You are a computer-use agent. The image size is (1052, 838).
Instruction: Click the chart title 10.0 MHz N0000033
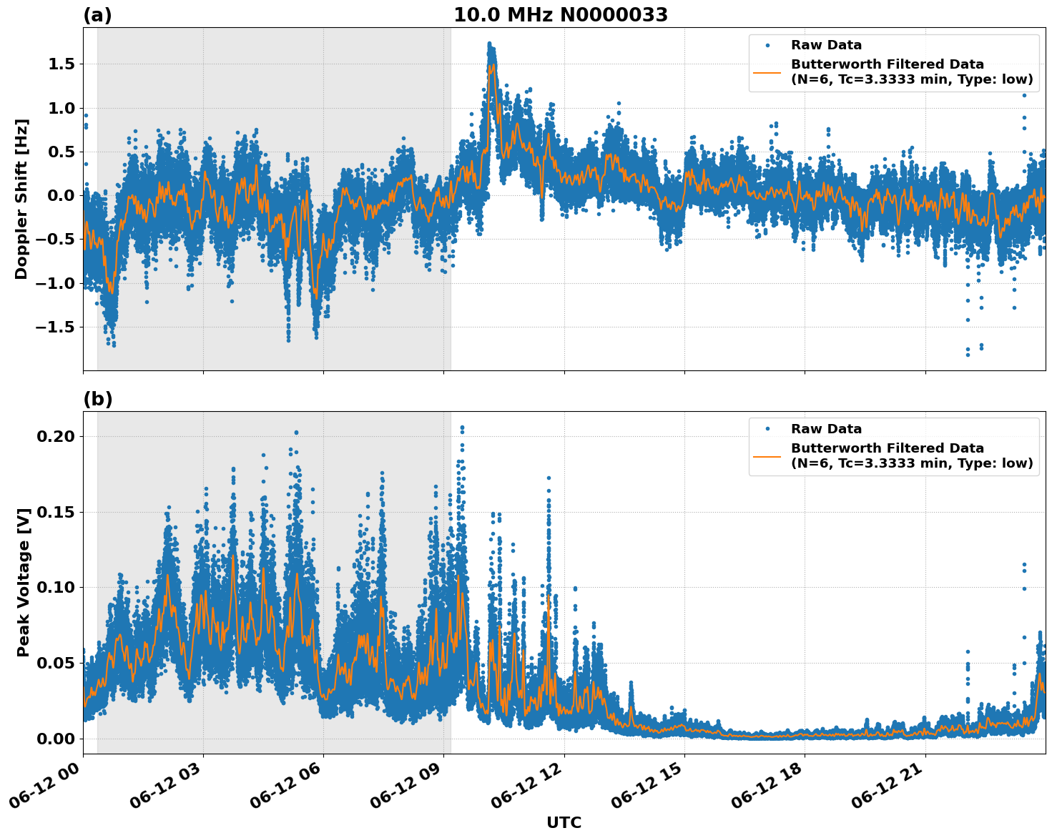(x=561, y=15)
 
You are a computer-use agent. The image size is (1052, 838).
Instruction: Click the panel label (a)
(x=97, y=15)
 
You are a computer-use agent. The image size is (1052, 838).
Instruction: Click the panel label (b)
(x=97, y=399)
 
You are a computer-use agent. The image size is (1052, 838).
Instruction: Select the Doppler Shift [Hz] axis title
(x=21, y=199)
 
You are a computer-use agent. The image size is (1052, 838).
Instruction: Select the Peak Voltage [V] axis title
(x=24, y=583)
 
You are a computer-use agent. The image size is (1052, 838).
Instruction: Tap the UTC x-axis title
(x=564, y=822)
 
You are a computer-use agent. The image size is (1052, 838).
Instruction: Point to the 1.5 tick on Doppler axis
(x=60, y=64)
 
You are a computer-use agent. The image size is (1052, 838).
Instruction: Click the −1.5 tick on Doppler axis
(x=56, y=327)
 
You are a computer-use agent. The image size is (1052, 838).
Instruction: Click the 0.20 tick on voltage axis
(x=57, y=436)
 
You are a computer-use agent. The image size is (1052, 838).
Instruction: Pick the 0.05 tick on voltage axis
(x=57, y=663)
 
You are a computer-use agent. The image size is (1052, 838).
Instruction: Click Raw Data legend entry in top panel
(x=826, y=45)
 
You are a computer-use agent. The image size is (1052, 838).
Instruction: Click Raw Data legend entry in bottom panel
(x=826, y=429)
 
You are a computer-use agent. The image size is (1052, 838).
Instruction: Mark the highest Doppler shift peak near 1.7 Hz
(x=489, y=44)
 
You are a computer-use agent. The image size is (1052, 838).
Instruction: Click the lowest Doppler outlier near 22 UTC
(x=968, y=355)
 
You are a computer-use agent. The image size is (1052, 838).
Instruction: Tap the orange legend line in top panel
(x=767, y=72)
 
